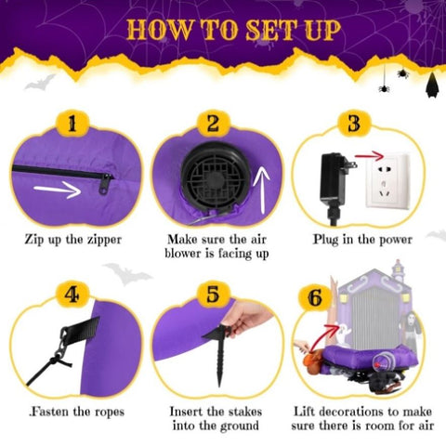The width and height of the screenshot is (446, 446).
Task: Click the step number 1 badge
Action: (x=72, y=124)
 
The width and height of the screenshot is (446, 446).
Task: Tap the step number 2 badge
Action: (x=214, y=124)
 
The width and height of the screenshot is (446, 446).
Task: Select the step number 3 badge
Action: (x=354, y=124)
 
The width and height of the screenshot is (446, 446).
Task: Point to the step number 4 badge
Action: (x=72, y=295)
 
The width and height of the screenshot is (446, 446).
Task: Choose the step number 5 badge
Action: (x=214, y=295)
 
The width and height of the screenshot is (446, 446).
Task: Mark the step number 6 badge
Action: (x=315, y=298)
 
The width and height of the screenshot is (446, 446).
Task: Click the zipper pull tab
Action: (x=105, y=184)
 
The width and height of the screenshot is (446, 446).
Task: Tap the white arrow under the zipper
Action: (x=58, y=190)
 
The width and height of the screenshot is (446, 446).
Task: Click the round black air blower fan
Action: (x=216, y=176)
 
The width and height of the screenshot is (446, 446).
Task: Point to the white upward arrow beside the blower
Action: (x=263, y=190)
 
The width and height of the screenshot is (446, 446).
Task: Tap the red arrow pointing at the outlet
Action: (x=370, y=155)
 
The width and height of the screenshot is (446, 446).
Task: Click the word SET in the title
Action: (x=269, y=30)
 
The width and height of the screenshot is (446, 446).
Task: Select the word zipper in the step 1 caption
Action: (x=104, y=240)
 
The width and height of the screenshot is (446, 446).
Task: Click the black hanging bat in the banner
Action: (x=432, y=85)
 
